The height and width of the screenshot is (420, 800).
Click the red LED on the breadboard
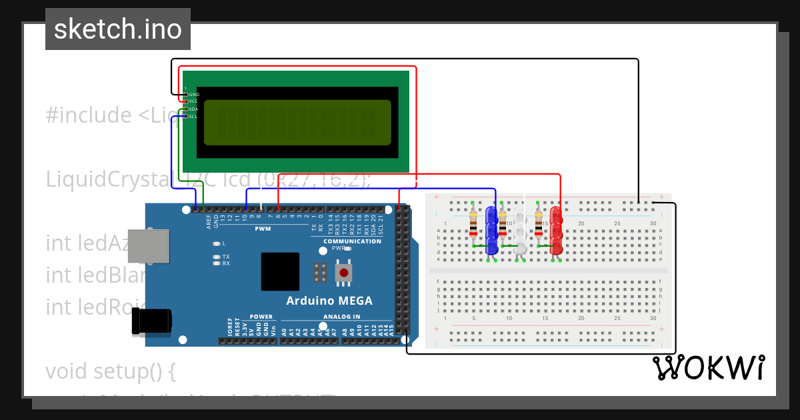point(556,230)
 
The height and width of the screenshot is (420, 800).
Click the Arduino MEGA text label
point(329,301)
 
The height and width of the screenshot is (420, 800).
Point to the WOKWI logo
point(708,367)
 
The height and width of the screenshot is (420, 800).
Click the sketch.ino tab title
point(118,29)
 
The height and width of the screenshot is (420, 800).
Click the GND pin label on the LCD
point(194,95)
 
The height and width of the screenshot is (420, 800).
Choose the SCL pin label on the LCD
point(193,117)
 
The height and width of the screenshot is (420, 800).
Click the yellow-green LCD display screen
point(297,123)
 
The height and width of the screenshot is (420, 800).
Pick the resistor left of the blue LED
point(473,224)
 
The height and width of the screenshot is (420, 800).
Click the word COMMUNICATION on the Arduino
point(352,241)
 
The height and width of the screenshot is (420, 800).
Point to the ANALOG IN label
point(342,317)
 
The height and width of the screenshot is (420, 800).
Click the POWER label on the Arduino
point(261,317)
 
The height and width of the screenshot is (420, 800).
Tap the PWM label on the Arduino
point(263,229)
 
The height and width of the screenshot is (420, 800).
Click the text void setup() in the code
point(111,371)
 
